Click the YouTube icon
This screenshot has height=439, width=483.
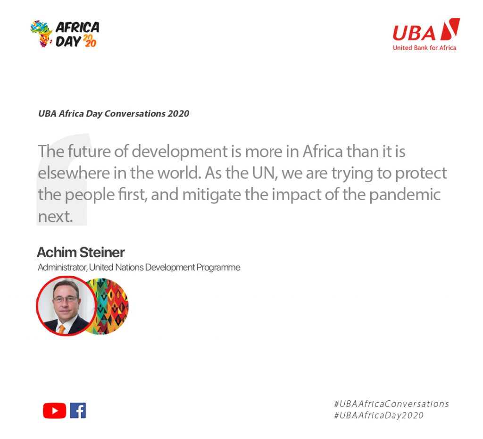(55, 411)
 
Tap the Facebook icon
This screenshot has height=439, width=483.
(78, 411)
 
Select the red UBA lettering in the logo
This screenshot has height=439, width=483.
(414, 33)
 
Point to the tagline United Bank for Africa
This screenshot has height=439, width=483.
(425, 48)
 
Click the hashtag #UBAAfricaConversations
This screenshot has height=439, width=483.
(391, 404)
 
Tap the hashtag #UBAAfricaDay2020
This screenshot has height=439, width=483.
(379, 415)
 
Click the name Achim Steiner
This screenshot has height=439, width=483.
(81, 252)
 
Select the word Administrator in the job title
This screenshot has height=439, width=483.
(62, 267)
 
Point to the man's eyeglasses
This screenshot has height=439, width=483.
(65, 299)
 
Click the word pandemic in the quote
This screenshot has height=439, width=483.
(405, 195)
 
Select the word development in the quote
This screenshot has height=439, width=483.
(180, 152)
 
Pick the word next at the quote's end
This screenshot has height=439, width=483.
(55, 217)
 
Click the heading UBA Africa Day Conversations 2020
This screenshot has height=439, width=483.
(114, 114)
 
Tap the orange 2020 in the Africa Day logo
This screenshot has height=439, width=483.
(90, 41)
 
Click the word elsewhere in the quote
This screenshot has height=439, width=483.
(74, 173)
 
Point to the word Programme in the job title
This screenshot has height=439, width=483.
(218, 268)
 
